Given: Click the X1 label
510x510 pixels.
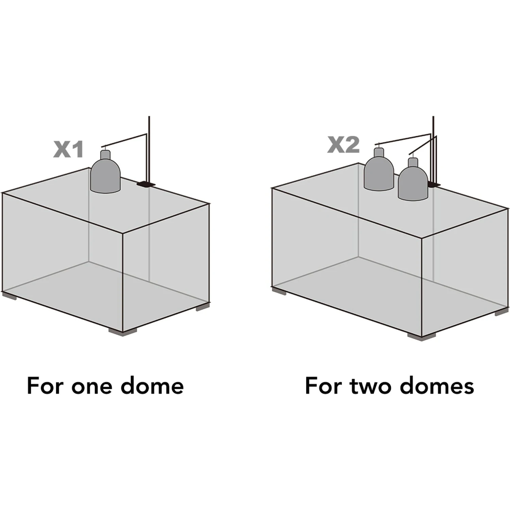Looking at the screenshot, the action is tap(68, 150).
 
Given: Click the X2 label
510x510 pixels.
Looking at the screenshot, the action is tap(343, 144).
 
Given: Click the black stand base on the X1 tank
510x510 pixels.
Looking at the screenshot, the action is tap(146, 184).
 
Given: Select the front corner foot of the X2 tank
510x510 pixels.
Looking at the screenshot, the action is tap(422, 337).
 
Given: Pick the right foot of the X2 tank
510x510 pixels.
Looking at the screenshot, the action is tap(502, 311).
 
